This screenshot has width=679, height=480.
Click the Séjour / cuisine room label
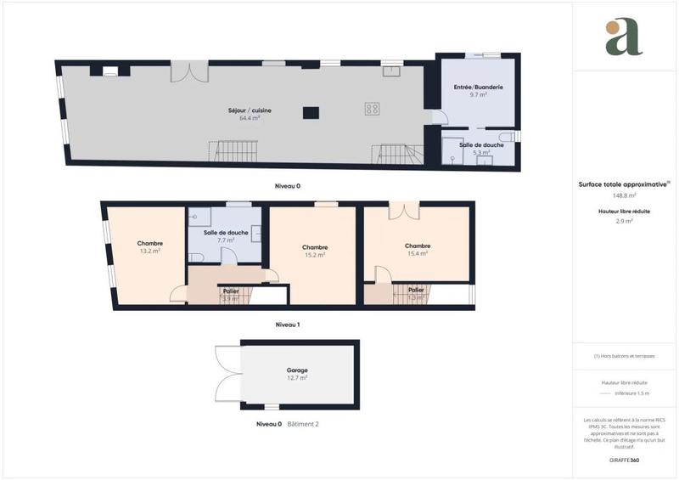(x=244, y=110)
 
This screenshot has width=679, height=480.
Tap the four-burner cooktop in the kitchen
(x=372, y=108)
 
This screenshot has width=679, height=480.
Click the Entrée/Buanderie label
(x=479, y=87)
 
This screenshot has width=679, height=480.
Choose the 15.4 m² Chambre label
(x=417, y=246)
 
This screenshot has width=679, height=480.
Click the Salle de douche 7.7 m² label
(x=226, y=233)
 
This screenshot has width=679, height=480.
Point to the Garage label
(x=296, y=370)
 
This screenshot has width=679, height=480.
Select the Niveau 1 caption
(x=287, y=325)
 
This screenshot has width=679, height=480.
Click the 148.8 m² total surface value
(x=626, y=195)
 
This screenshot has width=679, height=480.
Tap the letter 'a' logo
(x=625, y=37)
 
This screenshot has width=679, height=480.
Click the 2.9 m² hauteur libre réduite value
(x=626, y=220)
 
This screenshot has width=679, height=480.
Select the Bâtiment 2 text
(x=303, y=423)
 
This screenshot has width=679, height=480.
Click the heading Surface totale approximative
(x=624, y=183)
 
